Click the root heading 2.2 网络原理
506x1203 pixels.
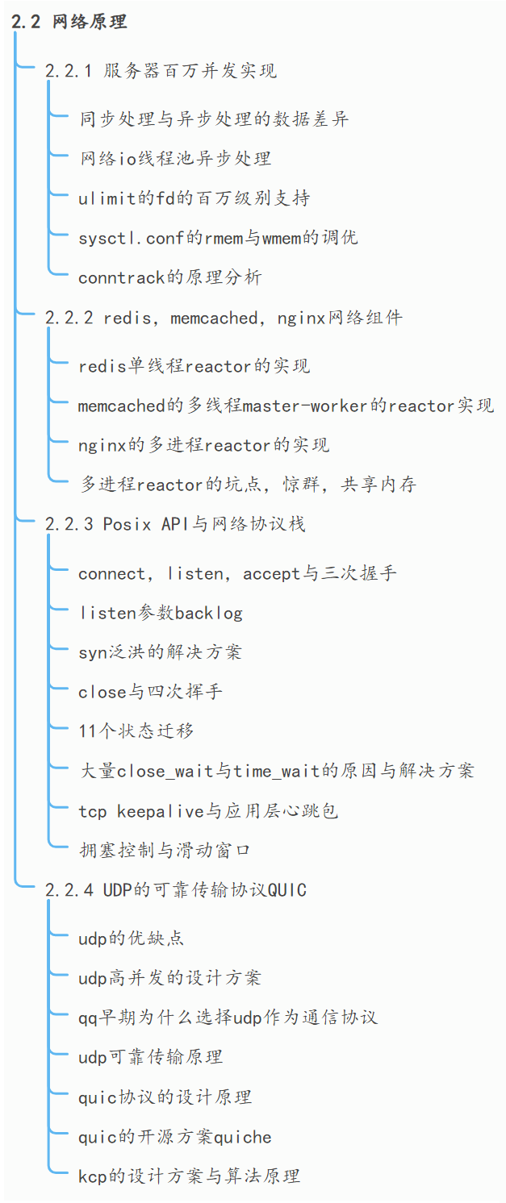[69, 22]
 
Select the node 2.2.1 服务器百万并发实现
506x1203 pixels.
[161, 71]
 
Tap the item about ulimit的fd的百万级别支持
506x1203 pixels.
[194, 198]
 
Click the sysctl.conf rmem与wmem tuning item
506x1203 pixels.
[218, 238]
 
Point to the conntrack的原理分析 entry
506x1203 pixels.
[169, 277]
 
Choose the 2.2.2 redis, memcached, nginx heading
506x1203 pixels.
[224, 318]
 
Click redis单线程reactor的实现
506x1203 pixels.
[194, 366]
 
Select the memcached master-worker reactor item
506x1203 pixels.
[286, 406]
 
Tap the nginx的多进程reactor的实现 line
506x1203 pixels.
[203, 445]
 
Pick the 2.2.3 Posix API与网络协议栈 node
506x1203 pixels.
[175, 524]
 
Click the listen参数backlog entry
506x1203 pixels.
[160, 613]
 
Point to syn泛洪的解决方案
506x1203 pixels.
[160, 652]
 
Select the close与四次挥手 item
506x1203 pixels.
[150, 692]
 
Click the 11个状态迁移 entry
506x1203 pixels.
[136, 731]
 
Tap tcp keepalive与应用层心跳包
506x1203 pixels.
[208, 810]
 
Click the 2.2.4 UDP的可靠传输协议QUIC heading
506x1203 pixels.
[176, 890]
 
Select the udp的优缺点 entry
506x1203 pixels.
[131, 939]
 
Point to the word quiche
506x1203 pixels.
[243, 1137]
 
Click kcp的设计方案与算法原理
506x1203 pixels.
[189, 1176]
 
